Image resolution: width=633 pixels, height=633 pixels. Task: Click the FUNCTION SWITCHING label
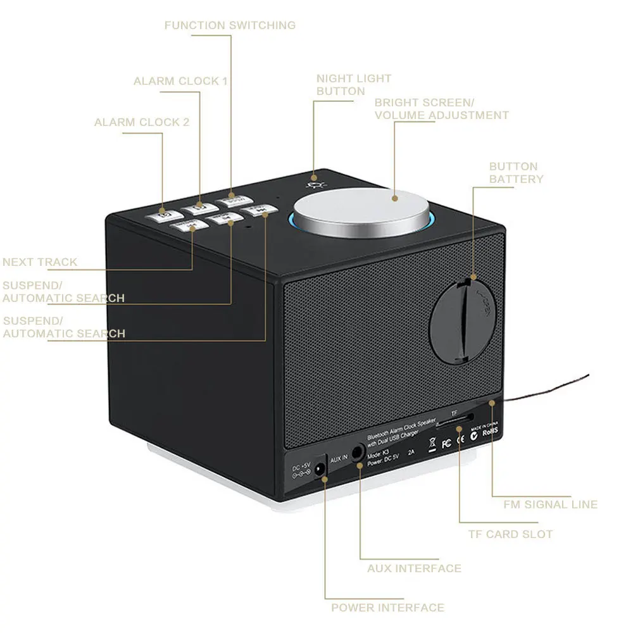pos(230,25)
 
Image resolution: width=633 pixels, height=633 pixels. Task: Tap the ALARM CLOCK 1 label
pos(180,81)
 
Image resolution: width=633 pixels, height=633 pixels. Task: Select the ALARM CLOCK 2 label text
pos(142,122)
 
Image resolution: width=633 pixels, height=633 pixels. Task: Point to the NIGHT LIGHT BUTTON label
pos(354,85)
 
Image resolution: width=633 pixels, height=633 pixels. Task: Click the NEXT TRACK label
pos(40,262)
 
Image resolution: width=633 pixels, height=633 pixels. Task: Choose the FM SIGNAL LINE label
pos(550,505)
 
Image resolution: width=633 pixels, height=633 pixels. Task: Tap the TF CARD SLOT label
pos(510,534)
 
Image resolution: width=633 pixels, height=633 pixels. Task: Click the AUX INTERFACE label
pos(414,568)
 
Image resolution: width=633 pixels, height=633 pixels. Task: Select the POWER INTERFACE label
pos(387,608)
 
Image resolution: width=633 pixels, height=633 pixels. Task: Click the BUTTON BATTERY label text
pos(516,173)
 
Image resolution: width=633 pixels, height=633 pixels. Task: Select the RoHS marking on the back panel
pos(491,434)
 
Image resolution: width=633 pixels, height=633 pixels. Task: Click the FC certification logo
pos(446,443)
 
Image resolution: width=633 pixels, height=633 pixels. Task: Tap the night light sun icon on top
pos(312,183)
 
